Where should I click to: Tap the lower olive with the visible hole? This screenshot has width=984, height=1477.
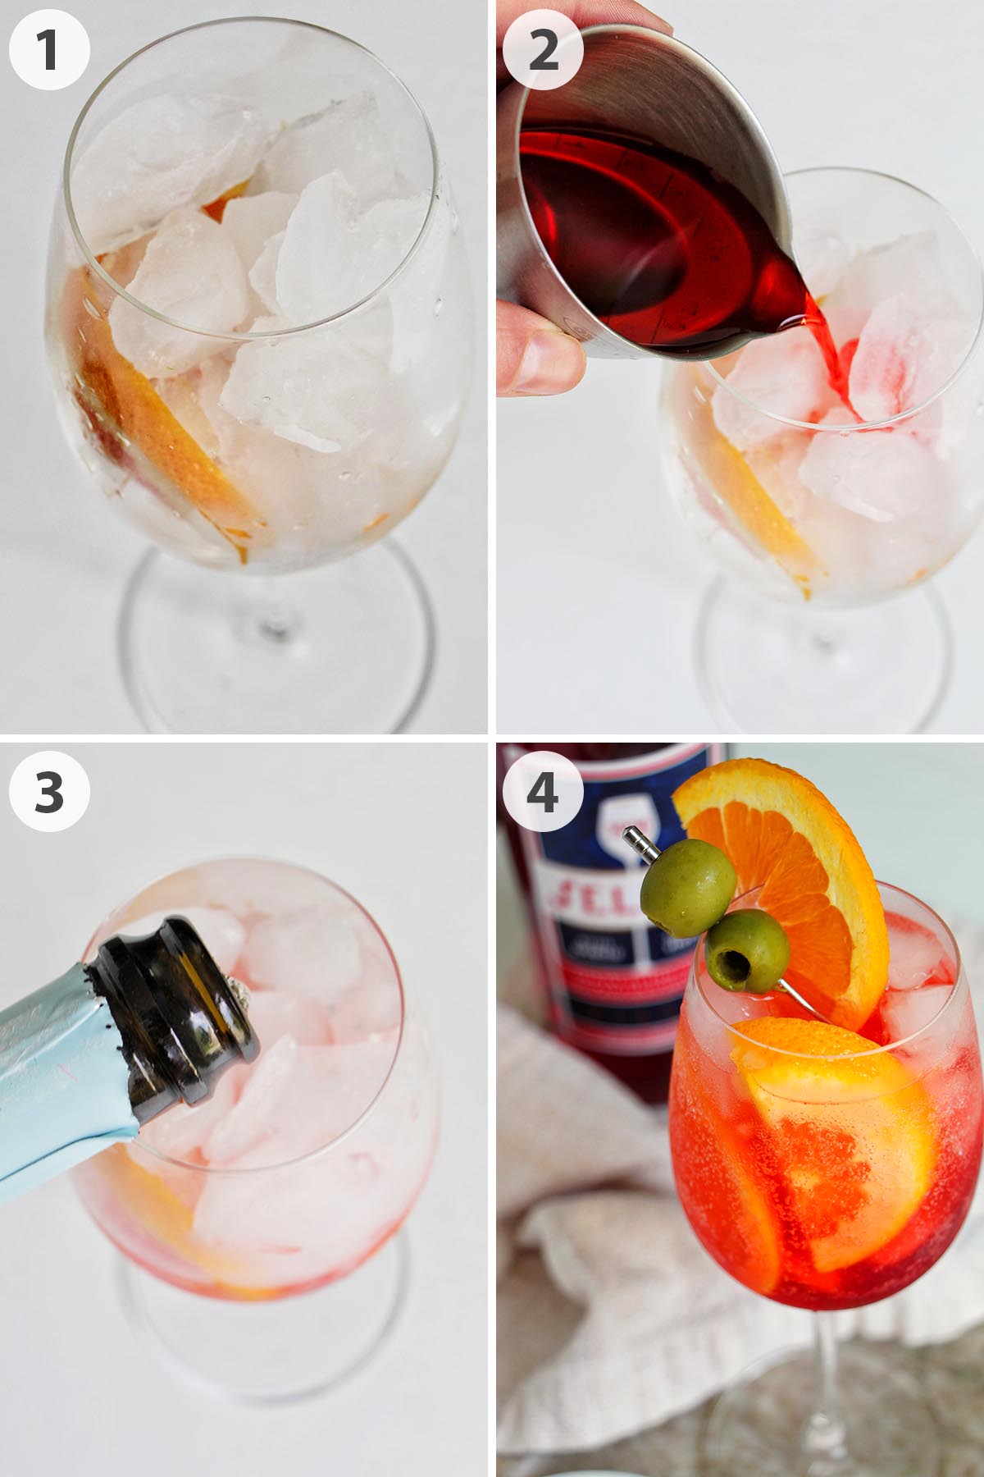(x=747, y=951)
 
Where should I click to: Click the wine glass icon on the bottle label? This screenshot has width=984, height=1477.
(x=623, y=829)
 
